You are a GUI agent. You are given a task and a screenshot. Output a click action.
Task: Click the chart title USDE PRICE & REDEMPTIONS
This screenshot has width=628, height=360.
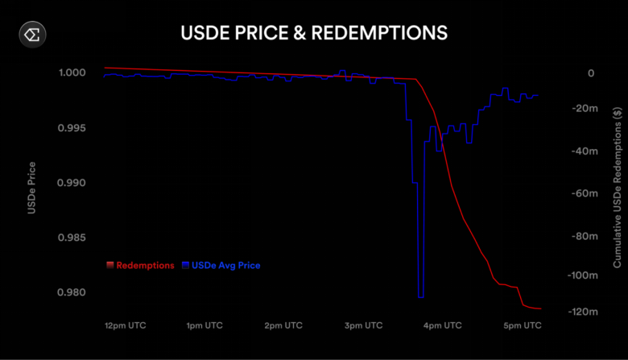point(314,34)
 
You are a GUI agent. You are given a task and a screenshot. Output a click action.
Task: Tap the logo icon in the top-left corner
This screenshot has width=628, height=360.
point(35,35)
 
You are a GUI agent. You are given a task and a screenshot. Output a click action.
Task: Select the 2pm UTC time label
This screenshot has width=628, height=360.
point(283,326)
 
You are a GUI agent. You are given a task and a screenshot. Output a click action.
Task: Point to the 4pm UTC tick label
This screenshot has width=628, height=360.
point(443,326)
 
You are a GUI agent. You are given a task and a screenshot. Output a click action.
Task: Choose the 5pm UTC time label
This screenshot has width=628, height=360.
point(523,326)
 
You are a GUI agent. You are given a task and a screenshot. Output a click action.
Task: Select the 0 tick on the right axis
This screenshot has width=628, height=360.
point(591,73)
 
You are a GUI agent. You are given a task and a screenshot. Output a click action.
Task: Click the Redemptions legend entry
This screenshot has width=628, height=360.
point(141,265)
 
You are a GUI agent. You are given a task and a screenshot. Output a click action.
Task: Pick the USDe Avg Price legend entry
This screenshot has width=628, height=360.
point(221,265)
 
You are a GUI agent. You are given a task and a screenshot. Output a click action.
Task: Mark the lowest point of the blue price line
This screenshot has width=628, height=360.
point(420,297)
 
